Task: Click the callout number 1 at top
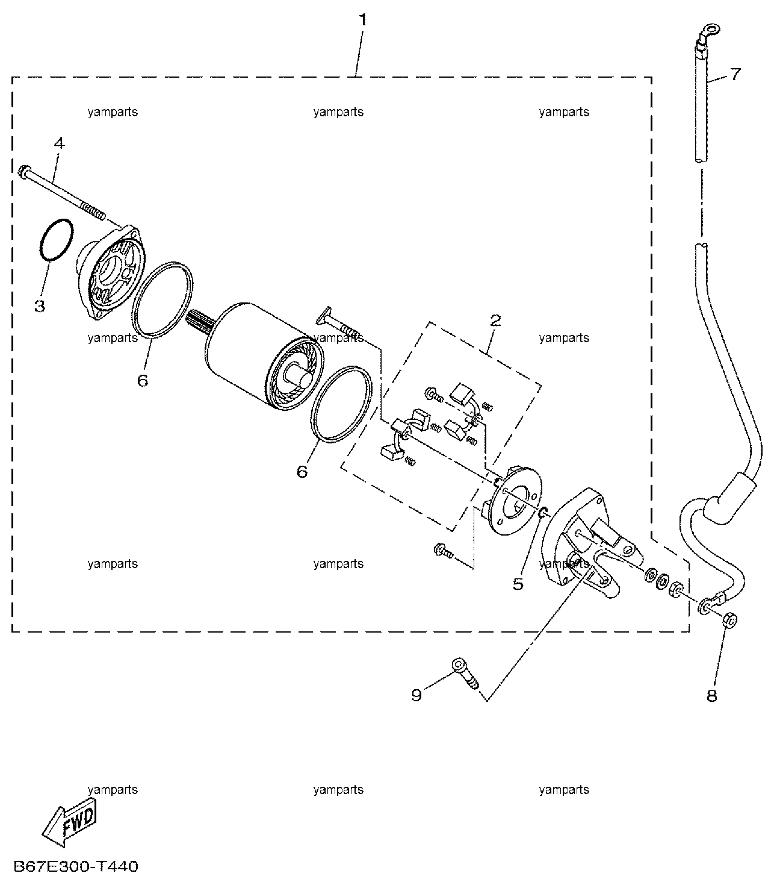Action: point(362,19)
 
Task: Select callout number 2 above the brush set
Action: point(495,321)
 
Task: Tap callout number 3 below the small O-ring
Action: point(39,306)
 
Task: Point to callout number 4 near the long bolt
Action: point(59,143)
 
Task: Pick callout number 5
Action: point(518,584)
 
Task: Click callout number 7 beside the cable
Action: point(735,74)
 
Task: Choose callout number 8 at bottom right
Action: point(712,696)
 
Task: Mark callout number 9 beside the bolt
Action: point(416,695)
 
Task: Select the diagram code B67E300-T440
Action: point(76,866)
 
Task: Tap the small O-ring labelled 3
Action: point(56,240)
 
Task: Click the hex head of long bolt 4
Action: point(23,171)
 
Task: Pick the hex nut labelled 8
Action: point(730,621)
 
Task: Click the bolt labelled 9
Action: point(466,674)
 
